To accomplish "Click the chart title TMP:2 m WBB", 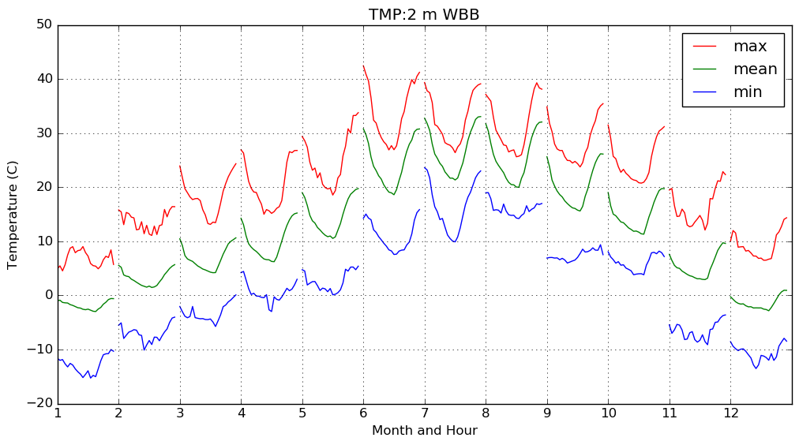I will [x=424, y=15].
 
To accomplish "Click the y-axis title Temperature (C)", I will [x=13, y=214].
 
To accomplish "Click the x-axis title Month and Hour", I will [x=425, y=431].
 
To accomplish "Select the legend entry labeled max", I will [x=750, y=47].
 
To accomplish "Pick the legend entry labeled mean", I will [x=755, y=69].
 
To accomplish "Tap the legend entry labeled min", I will [x=748, y=92].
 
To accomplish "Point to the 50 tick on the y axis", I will [x=43, y=25].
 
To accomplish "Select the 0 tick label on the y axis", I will [x=47, y=295].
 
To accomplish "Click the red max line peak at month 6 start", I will [x=364, y=66].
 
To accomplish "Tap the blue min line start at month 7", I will [x=425, y=167].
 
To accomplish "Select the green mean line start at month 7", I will [x=425, y=118].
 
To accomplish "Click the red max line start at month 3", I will [x=180, y=166].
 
